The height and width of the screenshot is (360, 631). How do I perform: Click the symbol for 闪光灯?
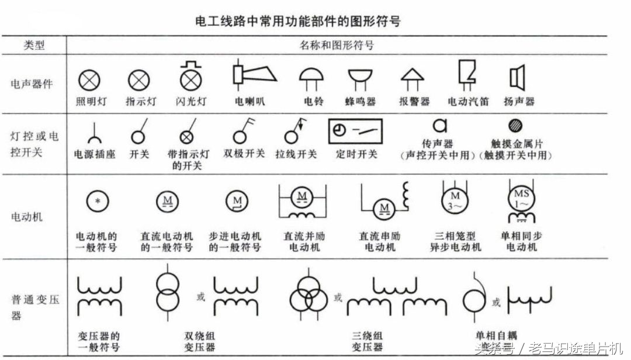(190, 76)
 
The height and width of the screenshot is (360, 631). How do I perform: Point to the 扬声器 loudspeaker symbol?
(517, 77)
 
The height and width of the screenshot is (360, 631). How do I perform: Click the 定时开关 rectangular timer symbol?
(356, 131)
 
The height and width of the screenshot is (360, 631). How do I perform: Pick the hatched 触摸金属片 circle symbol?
(515, 125)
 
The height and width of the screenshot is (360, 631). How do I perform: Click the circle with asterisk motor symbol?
(98, 202)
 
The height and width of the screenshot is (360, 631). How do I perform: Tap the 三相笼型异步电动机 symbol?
(455, 199)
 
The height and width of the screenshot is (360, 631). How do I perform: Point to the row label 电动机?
(27, 217)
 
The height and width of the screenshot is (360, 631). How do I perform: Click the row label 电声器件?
(32, 84)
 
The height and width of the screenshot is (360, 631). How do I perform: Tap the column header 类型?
(34, 45)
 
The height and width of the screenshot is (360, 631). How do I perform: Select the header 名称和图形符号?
(337, 45)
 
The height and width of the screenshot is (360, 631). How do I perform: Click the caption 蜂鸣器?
(359, 102)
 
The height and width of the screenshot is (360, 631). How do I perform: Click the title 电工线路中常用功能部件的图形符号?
(297, 22)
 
